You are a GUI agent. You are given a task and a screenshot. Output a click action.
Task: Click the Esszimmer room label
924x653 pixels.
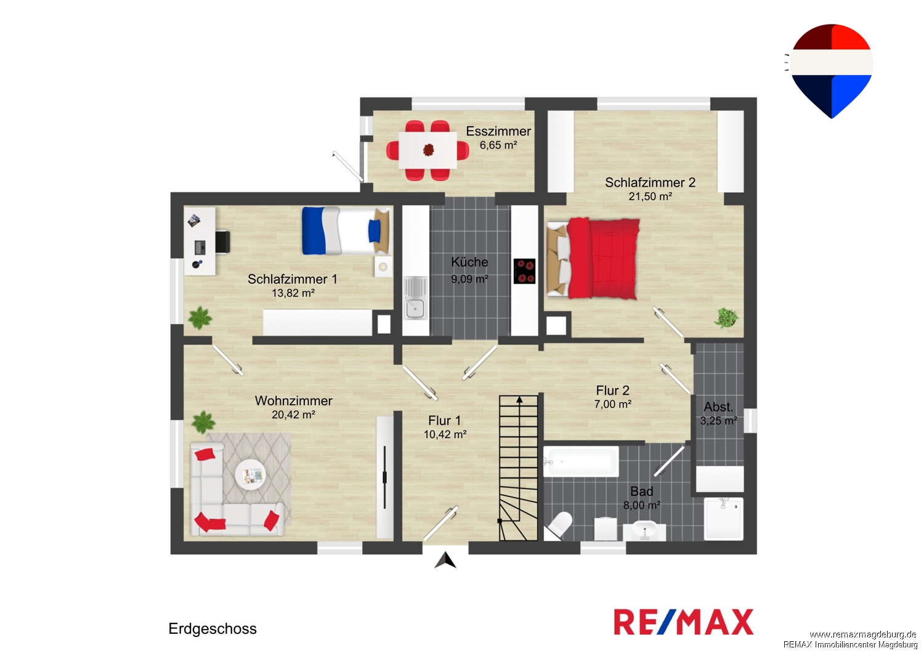[498, 131]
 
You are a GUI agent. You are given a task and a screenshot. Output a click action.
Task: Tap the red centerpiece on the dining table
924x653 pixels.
[429, 150]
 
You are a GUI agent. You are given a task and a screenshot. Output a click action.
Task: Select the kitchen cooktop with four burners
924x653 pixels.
[524, 271]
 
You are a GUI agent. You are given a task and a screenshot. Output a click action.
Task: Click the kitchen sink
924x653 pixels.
[415, 298]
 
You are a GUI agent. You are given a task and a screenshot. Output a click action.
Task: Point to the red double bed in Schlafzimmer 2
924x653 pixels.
[593, 259]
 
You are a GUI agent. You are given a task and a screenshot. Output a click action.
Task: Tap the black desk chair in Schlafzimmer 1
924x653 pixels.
[222, 242]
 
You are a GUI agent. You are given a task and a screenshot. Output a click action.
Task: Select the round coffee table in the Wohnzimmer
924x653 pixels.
[250, 475]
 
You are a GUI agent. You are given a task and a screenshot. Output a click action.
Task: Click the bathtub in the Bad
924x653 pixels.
[581, 461]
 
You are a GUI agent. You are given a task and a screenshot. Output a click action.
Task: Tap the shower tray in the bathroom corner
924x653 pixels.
[724, 519]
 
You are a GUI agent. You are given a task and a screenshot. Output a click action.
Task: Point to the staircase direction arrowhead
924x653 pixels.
[519, 399]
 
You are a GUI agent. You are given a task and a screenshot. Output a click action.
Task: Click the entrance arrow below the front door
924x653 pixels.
[445, 561]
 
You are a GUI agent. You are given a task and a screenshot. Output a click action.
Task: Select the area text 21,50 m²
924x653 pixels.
[650, 197]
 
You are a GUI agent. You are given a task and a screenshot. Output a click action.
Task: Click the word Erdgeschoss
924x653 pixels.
[213, 628]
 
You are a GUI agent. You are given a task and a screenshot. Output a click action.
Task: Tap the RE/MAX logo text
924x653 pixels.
[684, 622]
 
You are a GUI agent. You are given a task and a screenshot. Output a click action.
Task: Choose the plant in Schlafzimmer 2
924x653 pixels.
[726, 318]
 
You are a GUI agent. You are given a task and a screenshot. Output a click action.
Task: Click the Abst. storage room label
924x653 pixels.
[718, 407]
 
